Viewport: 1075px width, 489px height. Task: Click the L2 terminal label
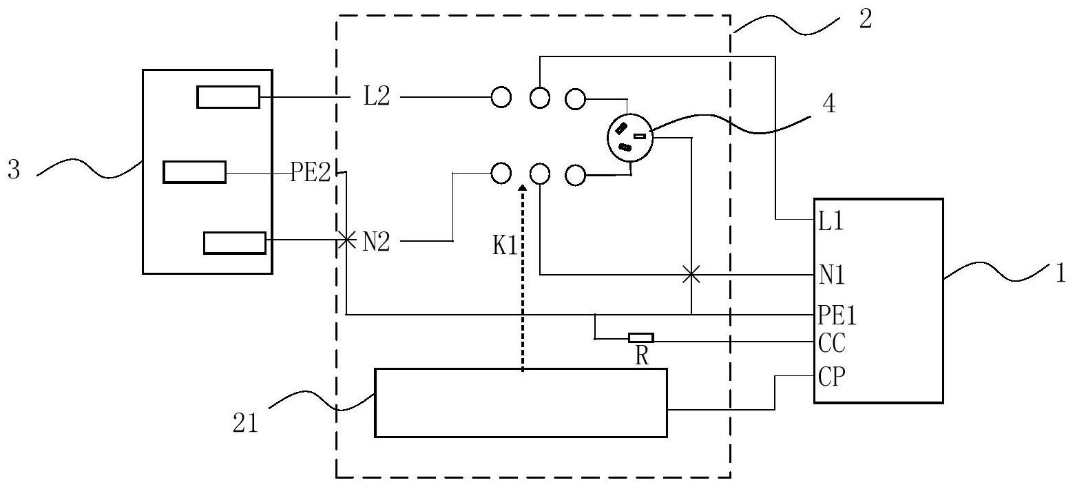(x=377, y=96)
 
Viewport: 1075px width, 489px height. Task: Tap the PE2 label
(x=311, y=172)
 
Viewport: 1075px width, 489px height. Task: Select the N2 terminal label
(x=376, y=242)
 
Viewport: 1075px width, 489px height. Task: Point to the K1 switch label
(x=505, y=246)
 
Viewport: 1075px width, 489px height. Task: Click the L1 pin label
(x=831, y=221)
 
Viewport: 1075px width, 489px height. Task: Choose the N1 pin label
(x=832, y=275)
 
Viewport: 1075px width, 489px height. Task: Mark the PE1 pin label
(x=837, y=315)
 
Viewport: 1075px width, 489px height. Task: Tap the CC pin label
(x=832, y=343)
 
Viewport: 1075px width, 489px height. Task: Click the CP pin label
(x=832, y=377)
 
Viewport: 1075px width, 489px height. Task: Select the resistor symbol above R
(x=640, y=338)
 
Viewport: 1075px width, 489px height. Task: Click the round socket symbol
(x=630, y=137)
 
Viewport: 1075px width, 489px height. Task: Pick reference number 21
(x=245, y=424)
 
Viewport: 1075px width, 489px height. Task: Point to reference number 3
(x=14, y=170)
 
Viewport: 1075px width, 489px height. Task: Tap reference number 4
(x=828, y=103)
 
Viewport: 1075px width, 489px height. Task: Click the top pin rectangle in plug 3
(x=229, y=97)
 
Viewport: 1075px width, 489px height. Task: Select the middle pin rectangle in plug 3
(x=194, y=172)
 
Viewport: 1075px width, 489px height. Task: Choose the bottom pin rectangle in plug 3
(x=235, y=243)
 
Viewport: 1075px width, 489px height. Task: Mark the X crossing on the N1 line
(x=691, y=275)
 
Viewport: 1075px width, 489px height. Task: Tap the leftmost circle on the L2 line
(x=501, y=97)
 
